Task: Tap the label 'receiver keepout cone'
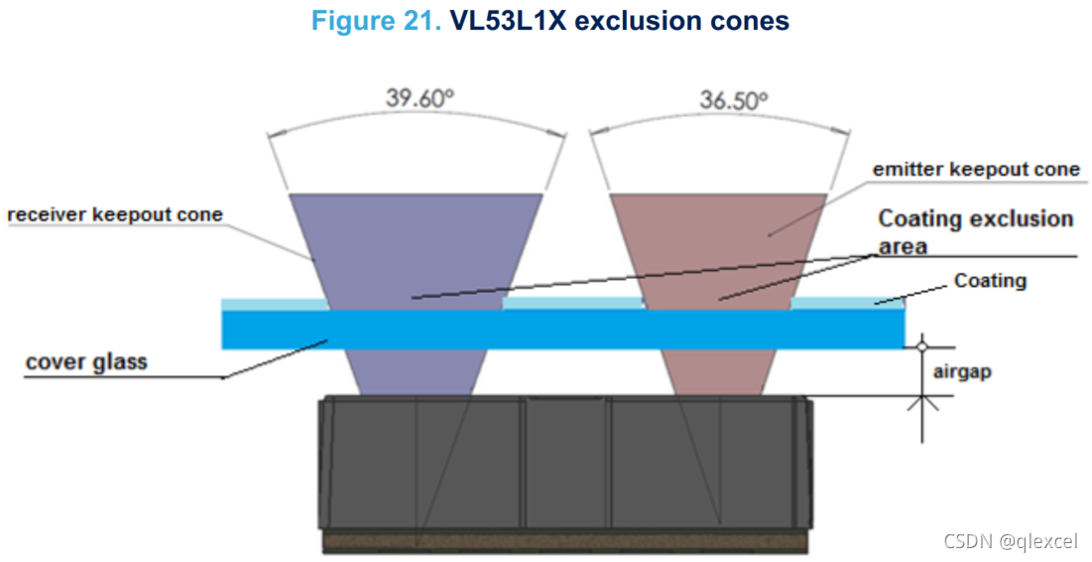115,215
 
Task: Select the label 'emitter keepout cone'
975,170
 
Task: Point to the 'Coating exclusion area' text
975,229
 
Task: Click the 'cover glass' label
86,360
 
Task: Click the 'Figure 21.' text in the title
376,21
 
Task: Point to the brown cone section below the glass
719,372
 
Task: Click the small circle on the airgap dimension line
921,348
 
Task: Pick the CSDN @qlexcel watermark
1010,541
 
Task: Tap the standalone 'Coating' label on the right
990,281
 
